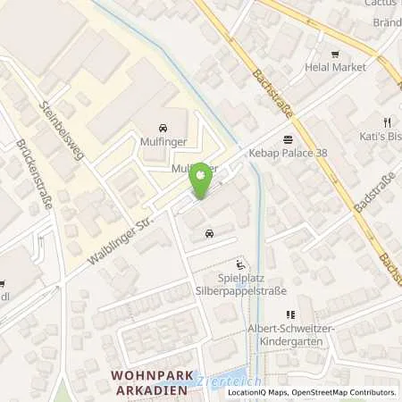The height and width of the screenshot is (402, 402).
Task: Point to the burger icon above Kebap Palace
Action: point(287,138)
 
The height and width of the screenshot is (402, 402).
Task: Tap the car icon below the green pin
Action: point(208,234)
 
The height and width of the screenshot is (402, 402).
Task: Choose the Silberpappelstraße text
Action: point(222,291)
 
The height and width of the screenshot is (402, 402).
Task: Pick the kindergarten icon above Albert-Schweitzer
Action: point(289,314)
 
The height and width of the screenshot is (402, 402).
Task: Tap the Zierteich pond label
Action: point(217,380)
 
